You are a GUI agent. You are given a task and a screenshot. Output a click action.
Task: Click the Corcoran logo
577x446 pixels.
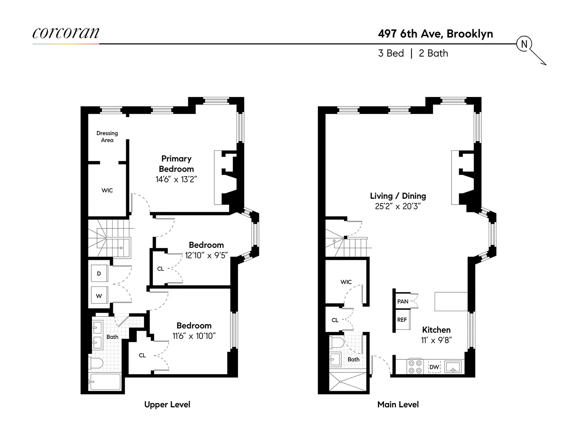click(x=66, y=33)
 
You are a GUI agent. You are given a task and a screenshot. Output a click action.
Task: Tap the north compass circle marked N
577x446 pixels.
click(x=524, y=44)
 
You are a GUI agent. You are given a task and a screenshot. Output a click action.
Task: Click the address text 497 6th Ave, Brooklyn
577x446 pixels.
click(x=435, y=34)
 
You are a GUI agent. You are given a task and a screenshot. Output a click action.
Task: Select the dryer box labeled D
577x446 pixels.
click(x=99, y=274)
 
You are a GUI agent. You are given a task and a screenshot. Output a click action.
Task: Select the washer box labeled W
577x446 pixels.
click(x=99, y=296)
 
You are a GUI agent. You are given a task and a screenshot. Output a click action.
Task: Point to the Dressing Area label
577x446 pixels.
click(x=107, y=136)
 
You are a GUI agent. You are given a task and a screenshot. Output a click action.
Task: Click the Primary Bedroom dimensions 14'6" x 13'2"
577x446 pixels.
click(x=176, y=179)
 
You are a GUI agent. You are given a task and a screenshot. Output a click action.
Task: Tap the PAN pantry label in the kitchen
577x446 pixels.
click(x=403, y=301)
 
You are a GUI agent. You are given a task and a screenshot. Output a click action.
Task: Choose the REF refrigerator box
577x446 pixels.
click(x=402, y=320)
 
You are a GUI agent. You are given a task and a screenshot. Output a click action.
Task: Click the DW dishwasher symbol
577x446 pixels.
click(x=434, y=367)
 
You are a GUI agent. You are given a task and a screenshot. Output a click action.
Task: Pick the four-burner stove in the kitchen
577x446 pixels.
click(x=415, y=367)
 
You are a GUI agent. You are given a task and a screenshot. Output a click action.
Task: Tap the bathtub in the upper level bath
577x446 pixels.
click(x=105, y=382)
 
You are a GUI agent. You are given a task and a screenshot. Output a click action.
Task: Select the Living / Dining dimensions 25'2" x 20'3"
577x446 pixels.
click(x=398, y=206)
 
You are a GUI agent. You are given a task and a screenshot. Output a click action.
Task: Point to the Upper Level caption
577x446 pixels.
click(x=167, y=405)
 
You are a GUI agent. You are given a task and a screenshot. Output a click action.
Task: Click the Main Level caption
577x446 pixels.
click(x=398, y=405)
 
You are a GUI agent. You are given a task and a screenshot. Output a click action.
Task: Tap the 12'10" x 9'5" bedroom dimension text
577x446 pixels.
click(x=206, y=255)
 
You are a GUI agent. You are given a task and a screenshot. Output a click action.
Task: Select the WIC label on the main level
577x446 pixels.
click(x=346, y=282)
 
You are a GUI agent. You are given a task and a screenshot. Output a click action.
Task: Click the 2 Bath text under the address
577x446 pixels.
click(x=433, y=53)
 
